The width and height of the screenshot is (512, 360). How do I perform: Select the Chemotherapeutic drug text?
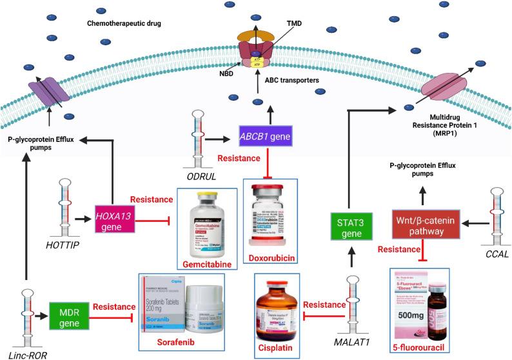(123, 24)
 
